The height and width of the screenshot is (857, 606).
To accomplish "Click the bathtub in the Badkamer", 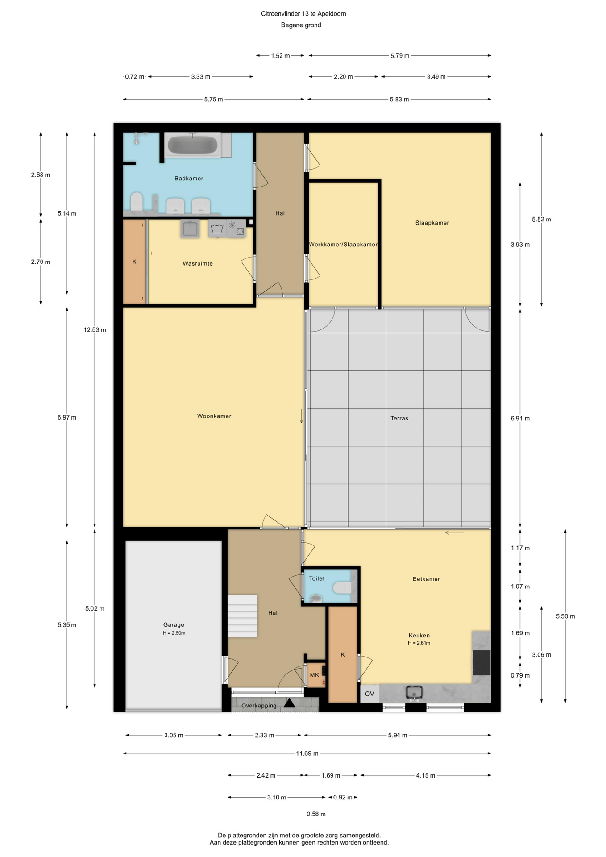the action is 192,145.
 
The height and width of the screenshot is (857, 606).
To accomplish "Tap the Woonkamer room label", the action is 214,416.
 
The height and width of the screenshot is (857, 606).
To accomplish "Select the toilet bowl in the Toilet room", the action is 342,587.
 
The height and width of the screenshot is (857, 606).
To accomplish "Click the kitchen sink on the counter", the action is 414,692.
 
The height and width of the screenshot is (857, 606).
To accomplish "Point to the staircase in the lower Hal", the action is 243,616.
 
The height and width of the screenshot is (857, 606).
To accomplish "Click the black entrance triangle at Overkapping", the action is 289,703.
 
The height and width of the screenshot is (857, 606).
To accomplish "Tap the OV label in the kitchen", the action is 369,694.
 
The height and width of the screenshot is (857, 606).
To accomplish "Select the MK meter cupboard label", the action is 315,675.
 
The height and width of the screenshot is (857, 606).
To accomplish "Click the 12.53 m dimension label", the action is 95,330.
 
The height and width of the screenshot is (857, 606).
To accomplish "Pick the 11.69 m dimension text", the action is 307,753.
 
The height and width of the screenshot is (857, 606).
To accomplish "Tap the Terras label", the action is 399,418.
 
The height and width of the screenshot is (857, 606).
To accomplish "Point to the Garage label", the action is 174,625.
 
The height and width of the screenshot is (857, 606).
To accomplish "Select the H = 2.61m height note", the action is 419,643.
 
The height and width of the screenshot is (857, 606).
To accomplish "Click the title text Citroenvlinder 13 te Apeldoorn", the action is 303,14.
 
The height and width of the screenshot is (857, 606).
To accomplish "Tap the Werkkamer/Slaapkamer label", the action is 343,245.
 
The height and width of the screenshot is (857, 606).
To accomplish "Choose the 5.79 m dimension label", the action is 400,56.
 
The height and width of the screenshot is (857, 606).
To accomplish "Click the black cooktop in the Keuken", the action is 481,662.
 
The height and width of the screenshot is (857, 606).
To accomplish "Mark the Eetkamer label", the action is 426,579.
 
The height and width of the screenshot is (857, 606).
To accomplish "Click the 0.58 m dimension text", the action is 316,814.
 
